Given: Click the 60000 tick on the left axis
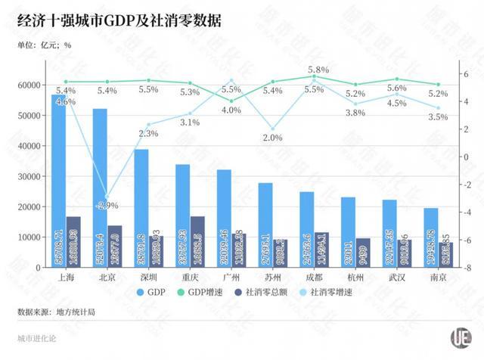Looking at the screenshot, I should coord(26,85).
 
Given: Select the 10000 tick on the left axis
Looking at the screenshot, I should coord(26,237).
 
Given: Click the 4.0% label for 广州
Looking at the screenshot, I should coord(231,110).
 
